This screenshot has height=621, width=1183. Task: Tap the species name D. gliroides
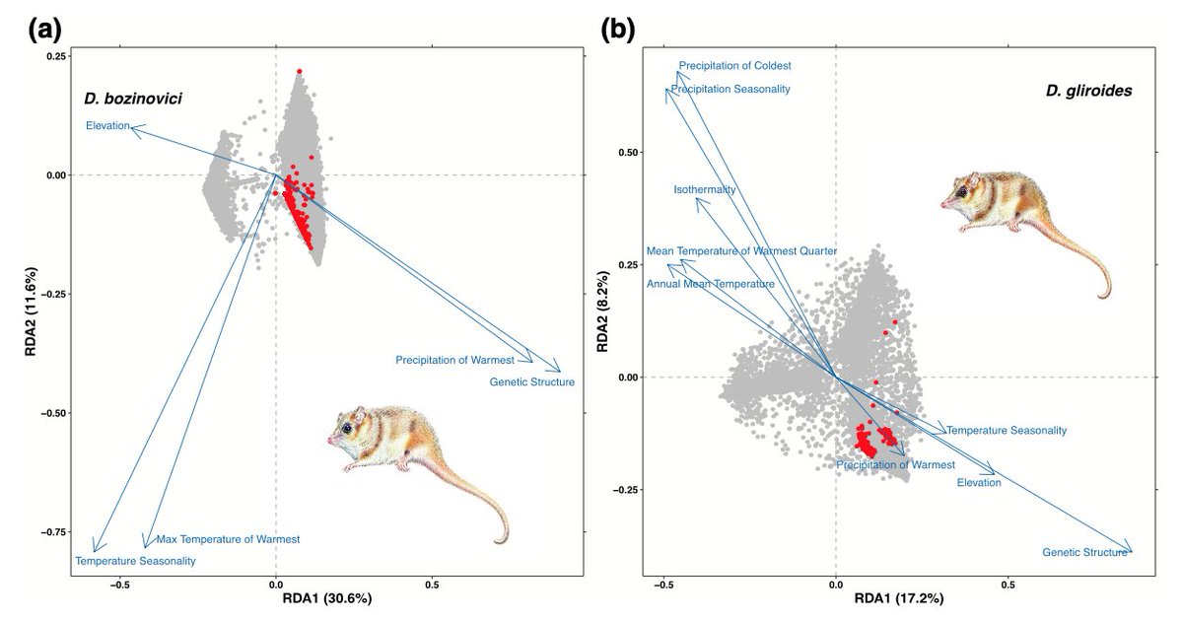coord(1087,91)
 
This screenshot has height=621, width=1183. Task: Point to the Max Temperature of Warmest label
coord(228,539)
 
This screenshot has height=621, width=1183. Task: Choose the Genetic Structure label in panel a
coord(531,381)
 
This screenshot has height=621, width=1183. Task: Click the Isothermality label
coord(705,189)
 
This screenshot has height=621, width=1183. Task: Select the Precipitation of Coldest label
coord(734,66)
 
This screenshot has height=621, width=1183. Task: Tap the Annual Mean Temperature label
coord(710,284)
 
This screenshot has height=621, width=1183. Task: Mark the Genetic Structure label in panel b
coord(1084,553)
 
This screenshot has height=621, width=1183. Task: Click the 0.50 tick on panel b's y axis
coord(629,153)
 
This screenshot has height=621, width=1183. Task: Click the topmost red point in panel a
coord(299,71)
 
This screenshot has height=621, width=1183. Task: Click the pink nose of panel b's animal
coord(943,204)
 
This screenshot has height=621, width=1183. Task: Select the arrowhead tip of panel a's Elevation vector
coord(132,127)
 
